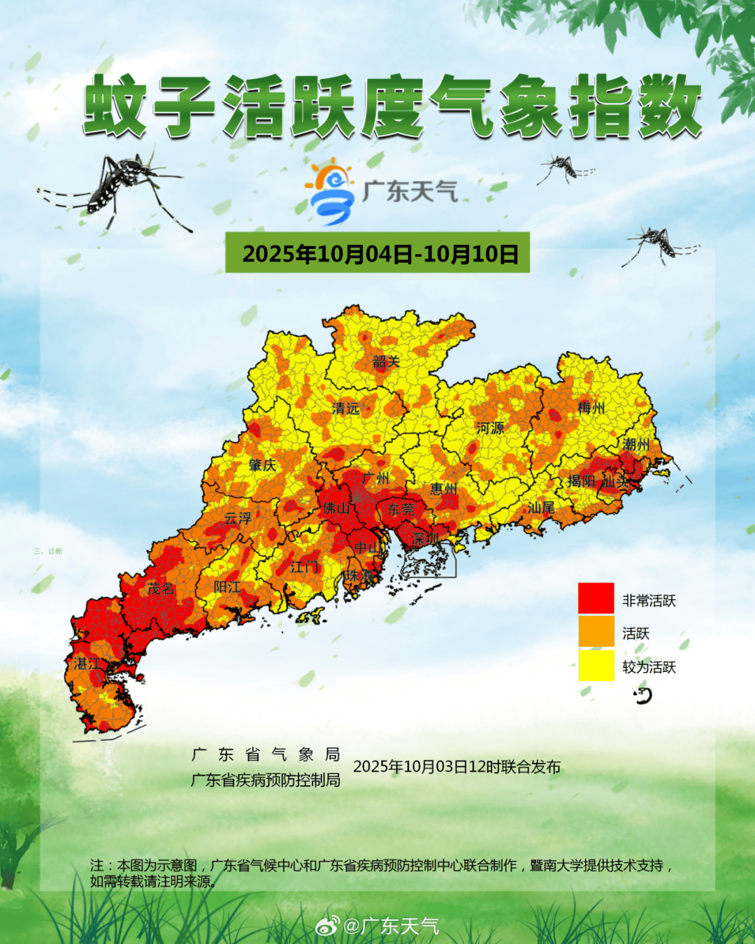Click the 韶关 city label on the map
(x=386, y=362)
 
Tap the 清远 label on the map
(x=345, y=408)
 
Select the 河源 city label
(x=489, y=428)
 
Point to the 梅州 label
(x=591, y=407)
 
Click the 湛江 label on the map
(x=87, y=664)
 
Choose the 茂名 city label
(x=161, y=589)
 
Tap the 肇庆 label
(x=262, y=465)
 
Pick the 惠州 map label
(x=443, y=489)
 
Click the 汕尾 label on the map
(x=540, y=508)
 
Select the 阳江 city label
(x=226, y=587)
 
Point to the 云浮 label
(x=238, y=518)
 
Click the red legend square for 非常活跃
(x=596, y=599)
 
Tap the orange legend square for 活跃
(x=596, y=631)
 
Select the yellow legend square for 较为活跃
(x=596, y=665)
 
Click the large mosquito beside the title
(x=119, y=187)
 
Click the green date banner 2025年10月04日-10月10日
(x=377, y=253)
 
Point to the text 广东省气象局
(x=266, y=755)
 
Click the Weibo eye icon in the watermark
(x=327, y=926)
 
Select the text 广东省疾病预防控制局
(x=266, y=780)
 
